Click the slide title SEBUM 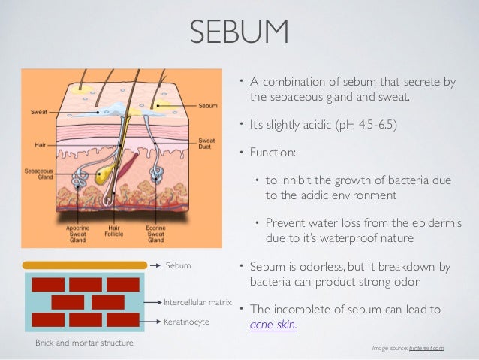239,33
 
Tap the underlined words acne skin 273,325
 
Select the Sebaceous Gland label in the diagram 38,174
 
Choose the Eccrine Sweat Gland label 156,232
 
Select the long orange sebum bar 85,265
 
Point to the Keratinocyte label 188,321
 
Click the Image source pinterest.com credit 408,348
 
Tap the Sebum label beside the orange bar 178,265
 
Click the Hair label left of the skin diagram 41,144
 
